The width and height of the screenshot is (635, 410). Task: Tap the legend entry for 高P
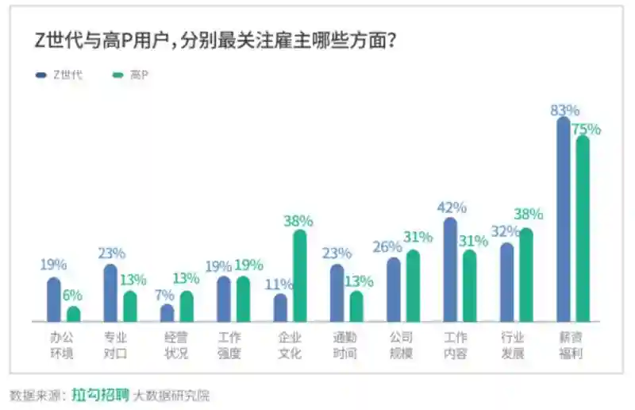(131, 75)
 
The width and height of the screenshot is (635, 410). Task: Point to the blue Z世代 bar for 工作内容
(450, 270)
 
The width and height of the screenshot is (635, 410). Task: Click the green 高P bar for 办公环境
(74, 314)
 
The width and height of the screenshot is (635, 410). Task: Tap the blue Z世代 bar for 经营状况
(167, 313)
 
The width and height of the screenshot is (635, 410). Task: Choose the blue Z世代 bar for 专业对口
(110, 293)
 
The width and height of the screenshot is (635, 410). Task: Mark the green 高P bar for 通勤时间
(356, 306)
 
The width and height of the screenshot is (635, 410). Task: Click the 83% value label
(565, 110)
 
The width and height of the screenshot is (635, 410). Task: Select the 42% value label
(452, 207)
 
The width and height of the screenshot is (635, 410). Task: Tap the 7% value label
(165, 294)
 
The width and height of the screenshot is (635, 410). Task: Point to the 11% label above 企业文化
(279, 284)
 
